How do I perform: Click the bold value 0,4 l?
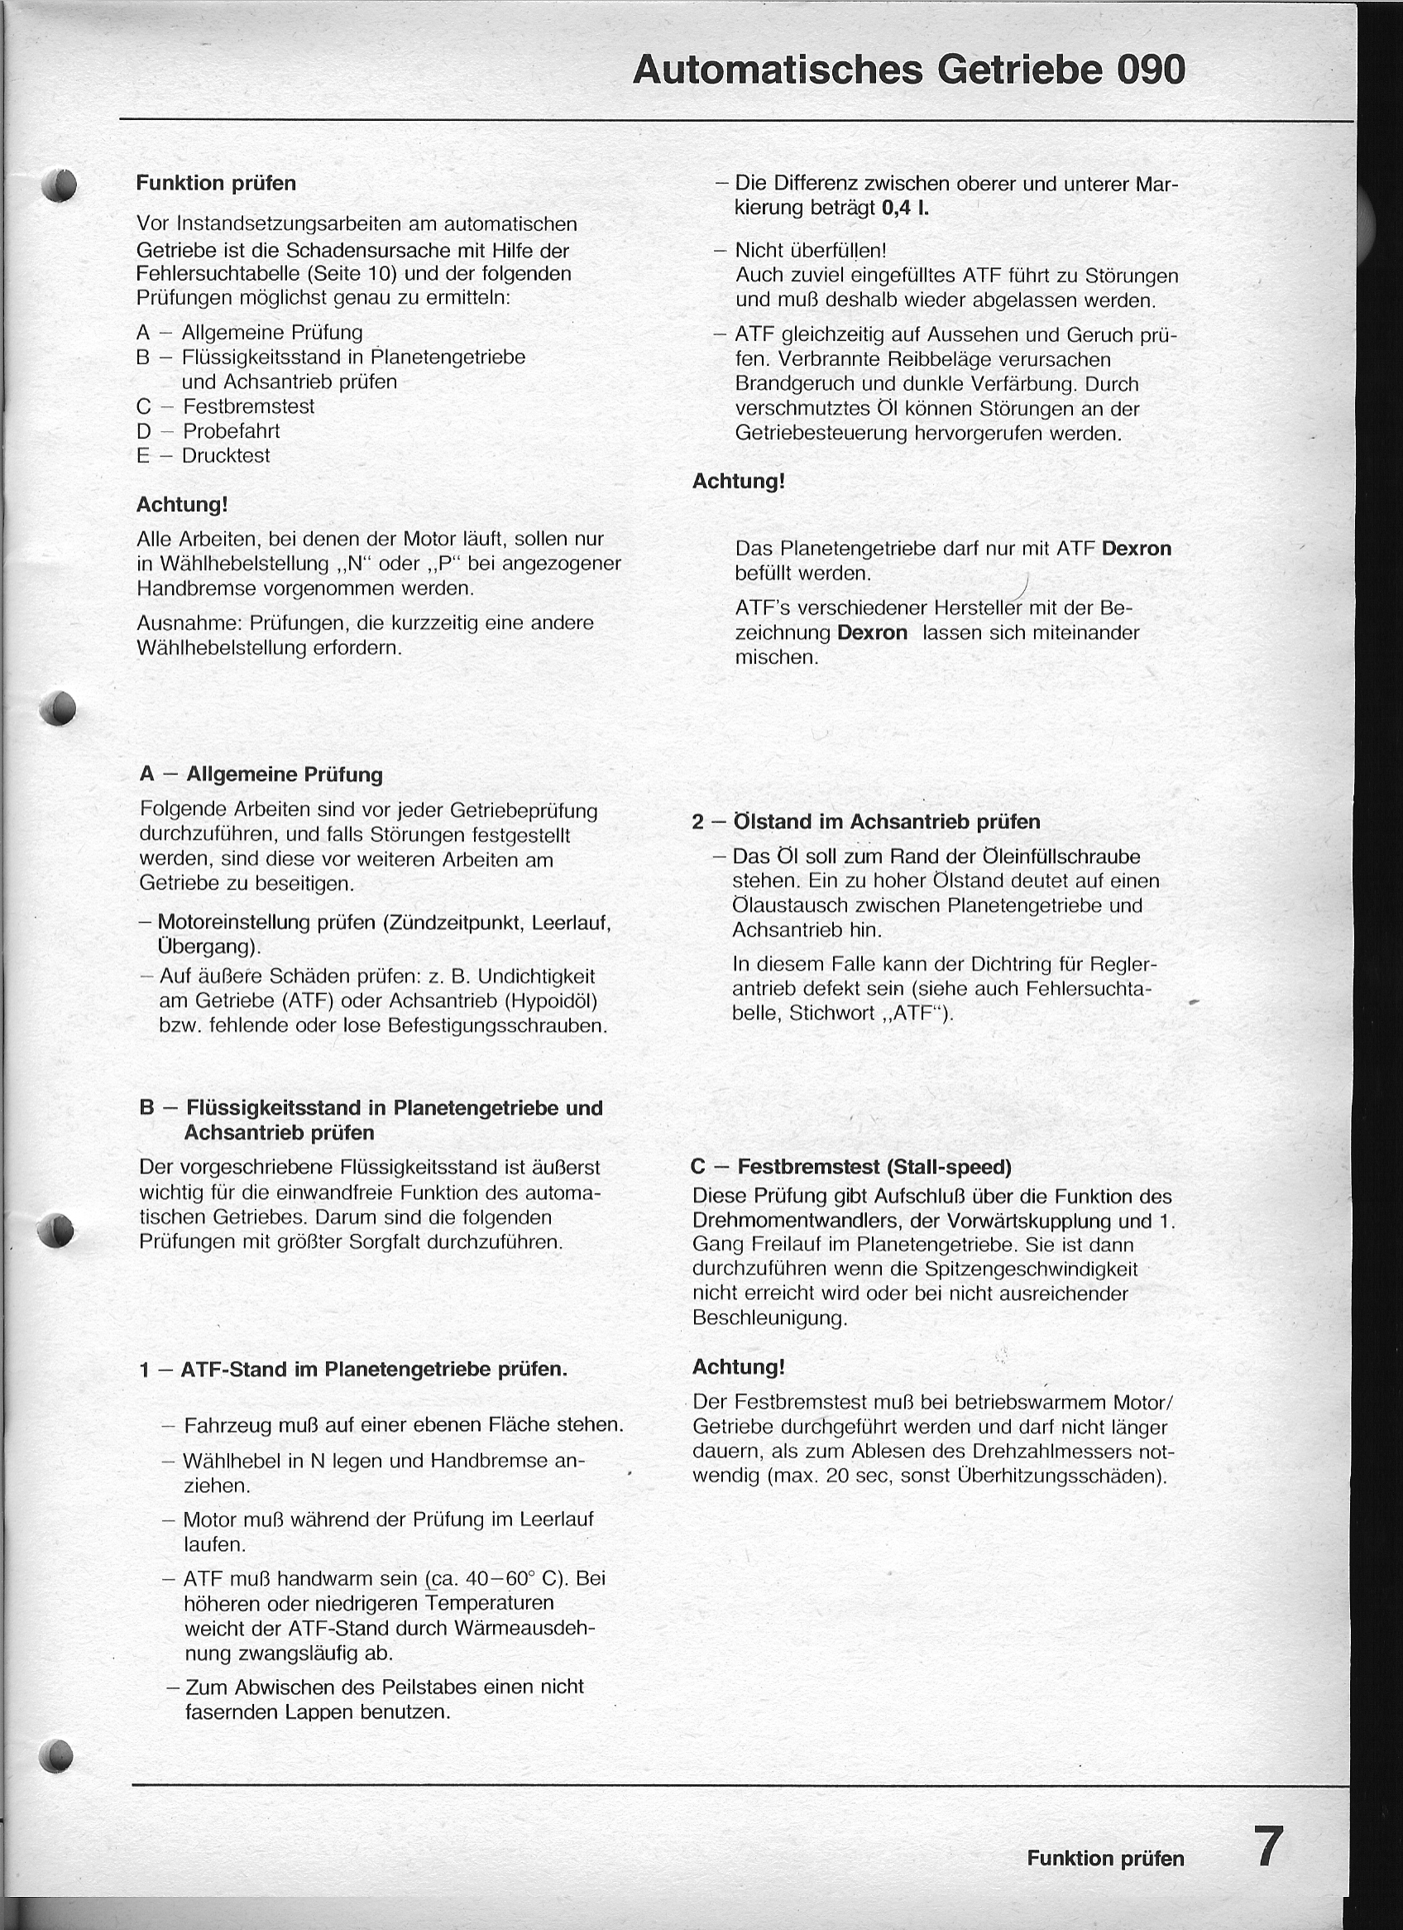[x=904, y=208]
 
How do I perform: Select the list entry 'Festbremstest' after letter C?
[x=248, y=406]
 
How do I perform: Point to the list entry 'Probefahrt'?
[x=232, y=430]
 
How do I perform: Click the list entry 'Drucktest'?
[x=226, y=455]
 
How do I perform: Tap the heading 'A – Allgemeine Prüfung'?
[x=261, y=775]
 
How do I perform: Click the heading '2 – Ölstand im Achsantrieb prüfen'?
[x=865, y=821]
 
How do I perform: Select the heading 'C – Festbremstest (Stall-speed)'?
[x=851, y=1166]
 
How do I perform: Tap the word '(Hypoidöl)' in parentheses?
[x=551, y=1000]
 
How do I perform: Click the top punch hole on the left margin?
[x=60, y=185]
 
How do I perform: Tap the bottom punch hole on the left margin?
[x=56, y=1754]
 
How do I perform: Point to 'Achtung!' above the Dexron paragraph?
[x=739, y=481]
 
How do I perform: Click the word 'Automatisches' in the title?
[x=778, y=70]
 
